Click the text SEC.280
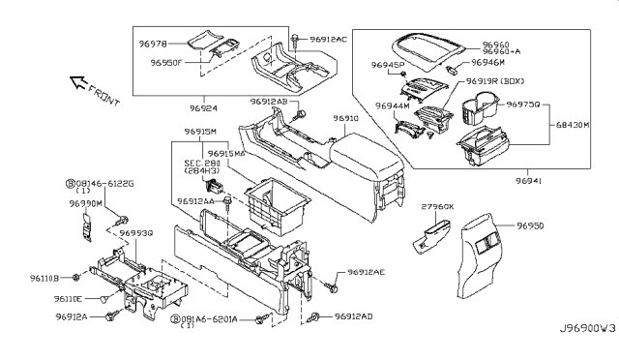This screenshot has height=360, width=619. (x=201, y=165)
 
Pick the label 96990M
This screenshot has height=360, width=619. (x=86, y=205)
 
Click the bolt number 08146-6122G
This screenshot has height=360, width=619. (x=106, y=183)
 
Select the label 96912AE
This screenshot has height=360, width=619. (x=367, y=273)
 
